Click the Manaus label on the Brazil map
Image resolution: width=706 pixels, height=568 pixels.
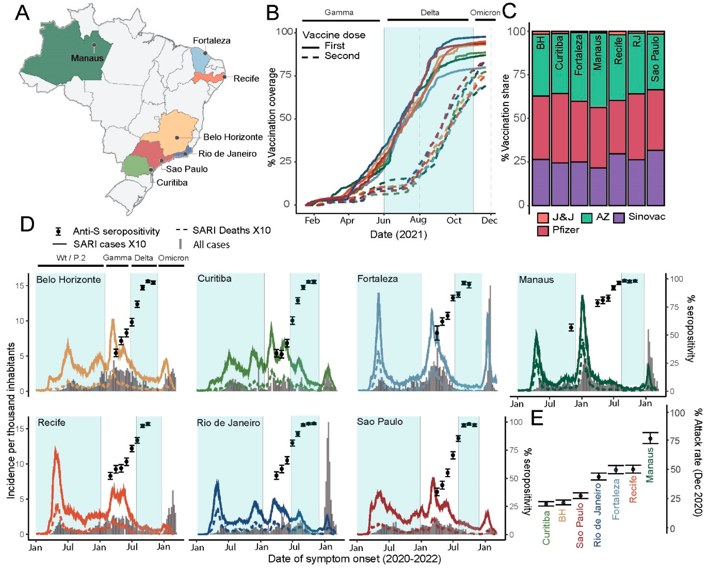[x=87, y=58]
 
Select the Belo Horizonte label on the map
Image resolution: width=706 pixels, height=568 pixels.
[x=233, y=137]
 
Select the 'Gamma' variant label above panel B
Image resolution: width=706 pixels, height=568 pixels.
[x=339, y=13]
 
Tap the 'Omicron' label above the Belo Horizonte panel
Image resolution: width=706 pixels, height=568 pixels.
[x=173, y=258]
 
